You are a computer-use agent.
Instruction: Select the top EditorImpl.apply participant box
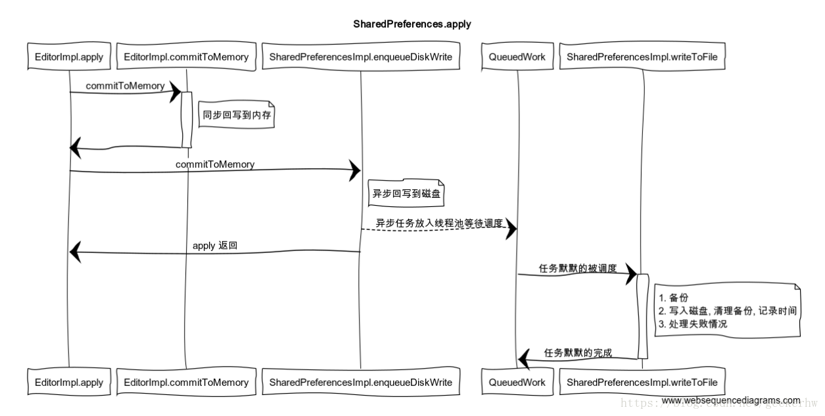[69, 57]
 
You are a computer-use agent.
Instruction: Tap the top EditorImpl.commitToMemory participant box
[187, 57]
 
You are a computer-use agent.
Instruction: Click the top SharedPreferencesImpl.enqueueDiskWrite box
[360, 57]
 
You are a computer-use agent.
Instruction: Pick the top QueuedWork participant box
[517, 57]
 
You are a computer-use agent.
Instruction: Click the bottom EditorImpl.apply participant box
[69, 382]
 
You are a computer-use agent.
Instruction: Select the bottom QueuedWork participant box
[517, 382]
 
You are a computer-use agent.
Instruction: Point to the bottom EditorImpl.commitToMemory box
[187, 382]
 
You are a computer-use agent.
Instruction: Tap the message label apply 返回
[214, 245]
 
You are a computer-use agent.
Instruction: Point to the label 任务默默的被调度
[577, 268]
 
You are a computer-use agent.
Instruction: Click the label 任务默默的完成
[578, 353]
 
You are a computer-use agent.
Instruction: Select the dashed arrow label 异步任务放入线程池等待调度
[438, 223]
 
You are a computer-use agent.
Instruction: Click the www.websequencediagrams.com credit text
[730, 400]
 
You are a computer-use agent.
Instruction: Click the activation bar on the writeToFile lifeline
[643, 316]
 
